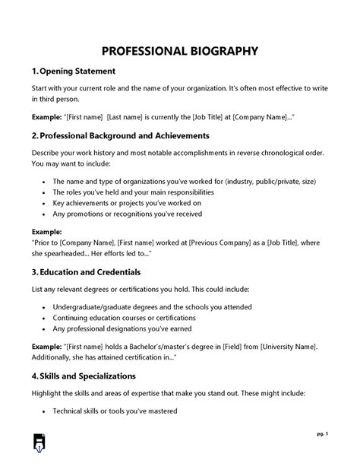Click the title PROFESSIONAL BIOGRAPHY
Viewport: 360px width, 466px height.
tap(180, 51)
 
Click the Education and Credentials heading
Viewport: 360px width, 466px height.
tap(95, 271)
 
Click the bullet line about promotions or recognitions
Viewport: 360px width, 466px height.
tap(115, 214)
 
